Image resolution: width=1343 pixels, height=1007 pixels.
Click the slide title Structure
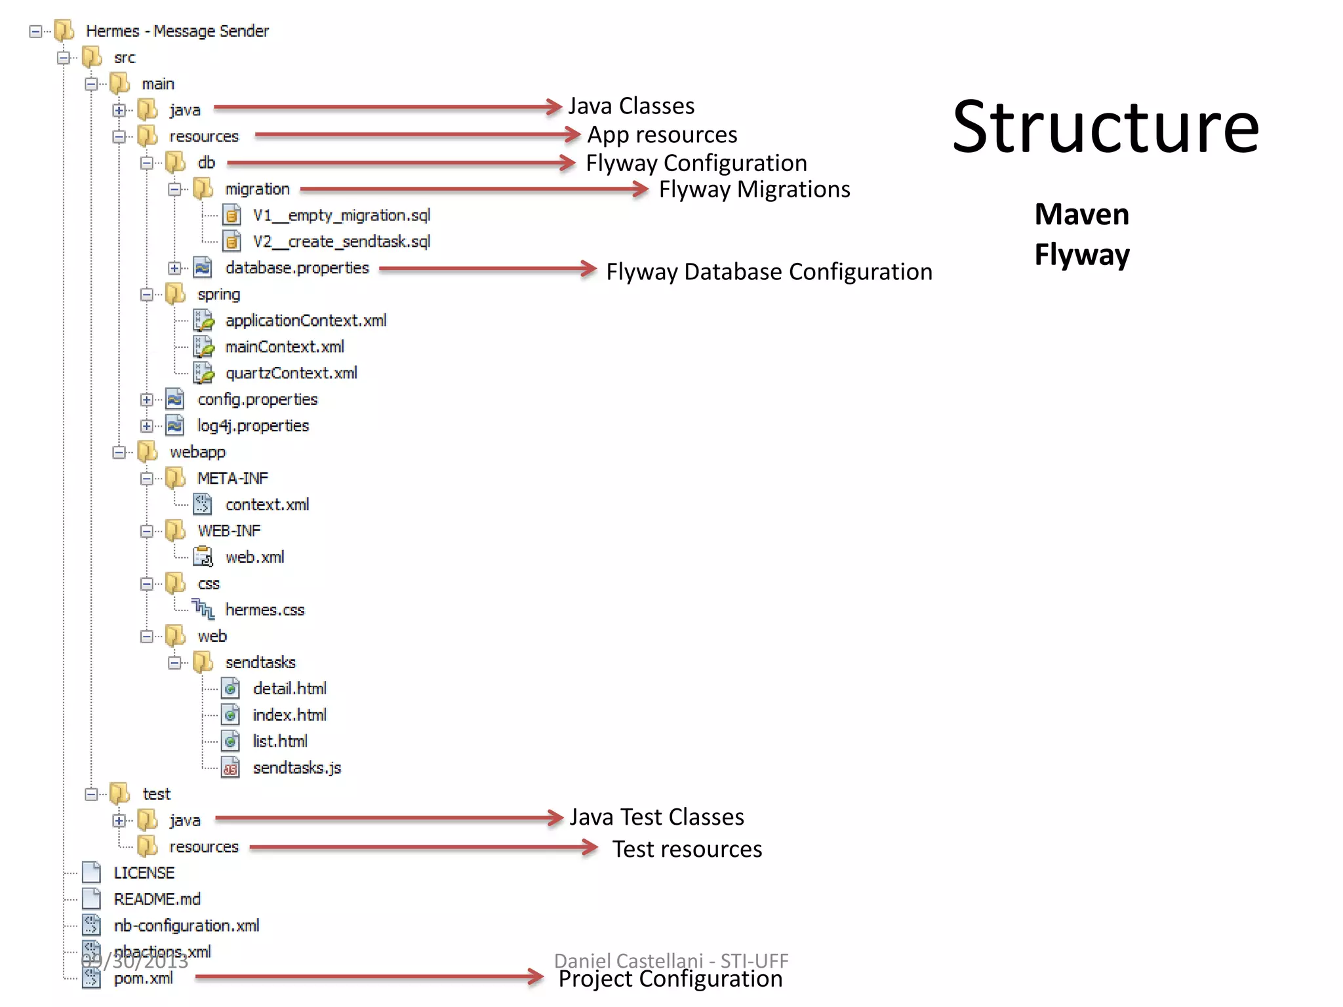1105,128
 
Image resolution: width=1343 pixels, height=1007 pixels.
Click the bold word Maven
1081,214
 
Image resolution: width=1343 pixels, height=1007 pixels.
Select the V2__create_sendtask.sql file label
341,242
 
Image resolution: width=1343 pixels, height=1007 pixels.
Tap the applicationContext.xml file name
306,321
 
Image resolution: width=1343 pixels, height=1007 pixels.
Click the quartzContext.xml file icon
203,373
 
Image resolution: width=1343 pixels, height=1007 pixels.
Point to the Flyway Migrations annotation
754,189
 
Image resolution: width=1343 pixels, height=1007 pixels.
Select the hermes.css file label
265,610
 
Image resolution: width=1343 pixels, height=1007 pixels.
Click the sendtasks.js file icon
231,768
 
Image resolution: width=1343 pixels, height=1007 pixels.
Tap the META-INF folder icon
175,478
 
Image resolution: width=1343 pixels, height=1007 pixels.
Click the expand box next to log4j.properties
146,426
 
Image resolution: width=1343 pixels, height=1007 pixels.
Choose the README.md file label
157,899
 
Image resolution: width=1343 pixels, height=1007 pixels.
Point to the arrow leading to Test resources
423,848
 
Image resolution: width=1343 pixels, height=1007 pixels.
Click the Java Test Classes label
656,818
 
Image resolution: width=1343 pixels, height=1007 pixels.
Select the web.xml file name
254,557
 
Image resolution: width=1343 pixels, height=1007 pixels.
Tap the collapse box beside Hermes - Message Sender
35,31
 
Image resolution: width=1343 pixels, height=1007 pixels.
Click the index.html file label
289,715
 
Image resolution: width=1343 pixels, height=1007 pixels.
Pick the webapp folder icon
148,452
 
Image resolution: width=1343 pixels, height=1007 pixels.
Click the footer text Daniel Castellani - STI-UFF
671,960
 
